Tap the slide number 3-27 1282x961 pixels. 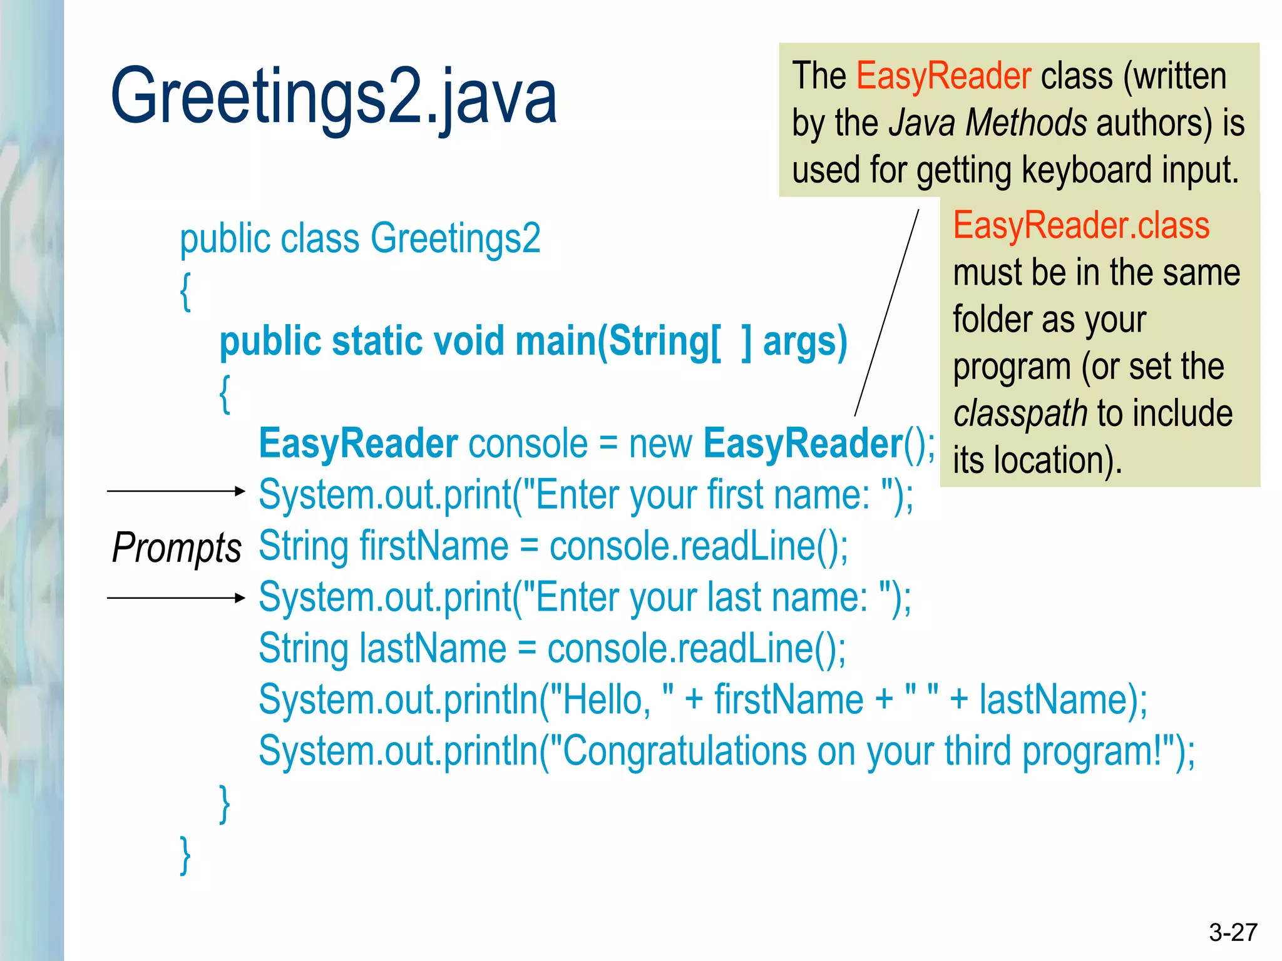point(1233,932)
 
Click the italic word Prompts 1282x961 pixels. point(177,548)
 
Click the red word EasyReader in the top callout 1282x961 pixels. point(943,76)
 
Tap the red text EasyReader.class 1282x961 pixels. point(1081,225)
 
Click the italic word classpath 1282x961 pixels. point(1020,414)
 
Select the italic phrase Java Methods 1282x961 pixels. point(988,123)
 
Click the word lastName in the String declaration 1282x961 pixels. point(433,648)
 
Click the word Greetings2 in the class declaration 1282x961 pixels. point(455,238)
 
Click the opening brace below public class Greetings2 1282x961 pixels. point(185,290)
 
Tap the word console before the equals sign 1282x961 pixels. point(528,444)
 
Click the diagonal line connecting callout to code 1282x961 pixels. point(886,313)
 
